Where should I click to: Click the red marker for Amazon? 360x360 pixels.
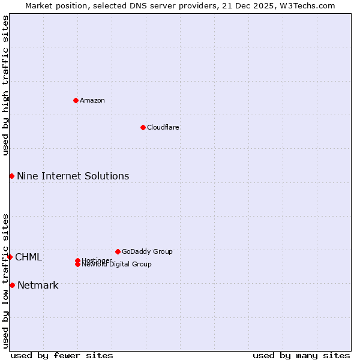[76, 100]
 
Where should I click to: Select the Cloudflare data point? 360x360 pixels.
[143, 127]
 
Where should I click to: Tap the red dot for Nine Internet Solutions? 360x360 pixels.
[11, 176]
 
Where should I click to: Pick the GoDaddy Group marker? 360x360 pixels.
[118, 251]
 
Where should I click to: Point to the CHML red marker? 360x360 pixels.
[10, 257]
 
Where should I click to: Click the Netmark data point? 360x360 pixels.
[12, 285]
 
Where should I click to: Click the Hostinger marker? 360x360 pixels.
[77, 260]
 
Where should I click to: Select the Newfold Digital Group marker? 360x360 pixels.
[77, 264]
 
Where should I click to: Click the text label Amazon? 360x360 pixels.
[92, 100]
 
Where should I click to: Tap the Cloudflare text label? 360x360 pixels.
[163, 127]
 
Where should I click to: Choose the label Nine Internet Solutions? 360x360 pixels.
[73, 176]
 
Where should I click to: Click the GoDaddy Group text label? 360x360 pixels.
[147, 251]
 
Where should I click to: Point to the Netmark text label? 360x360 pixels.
[38, 285]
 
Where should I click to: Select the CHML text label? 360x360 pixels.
[28, 257]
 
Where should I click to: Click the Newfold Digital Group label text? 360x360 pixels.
[116, 265]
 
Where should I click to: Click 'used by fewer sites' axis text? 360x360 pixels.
[62, 355]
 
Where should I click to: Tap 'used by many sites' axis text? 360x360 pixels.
[301, 355]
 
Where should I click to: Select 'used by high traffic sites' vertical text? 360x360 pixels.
[5, 85]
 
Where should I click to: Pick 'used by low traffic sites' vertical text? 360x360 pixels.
[5, 280]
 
